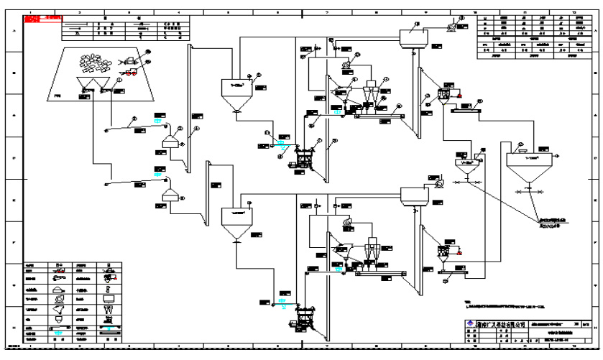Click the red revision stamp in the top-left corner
(x=42, y=19)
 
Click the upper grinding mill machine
(x=303, y=158)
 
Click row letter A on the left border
(x=12, y=31)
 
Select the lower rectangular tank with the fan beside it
(x=414, y=195)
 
